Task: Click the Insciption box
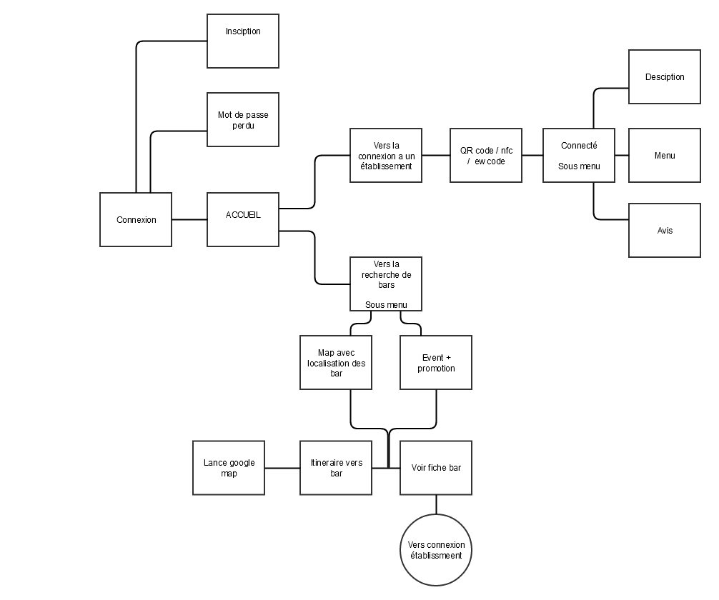(243, 41)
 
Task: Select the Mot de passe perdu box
(243, 119)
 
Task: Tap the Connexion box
(136, 219)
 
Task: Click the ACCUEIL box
(243, 219)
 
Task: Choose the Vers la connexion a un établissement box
(386, 155)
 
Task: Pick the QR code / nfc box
(486, 155)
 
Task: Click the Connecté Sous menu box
(579, 155)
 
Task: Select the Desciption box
(665, 76)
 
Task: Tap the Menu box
(665, 155)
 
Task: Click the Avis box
(665, 230)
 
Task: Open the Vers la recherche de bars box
(386, 284)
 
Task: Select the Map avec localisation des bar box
(336, 362)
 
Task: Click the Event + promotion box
(436, 362)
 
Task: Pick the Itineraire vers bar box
(336, 468)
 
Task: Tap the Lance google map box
(229, 468)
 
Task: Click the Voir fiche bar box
(436, 468)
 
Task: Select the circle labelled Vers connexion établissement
(436, 549)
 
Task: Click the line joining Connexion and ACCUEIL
(189, 219)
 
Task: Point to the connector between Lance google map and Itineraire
(282, 468)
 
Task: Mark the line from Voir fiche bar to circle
(436, 504)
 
